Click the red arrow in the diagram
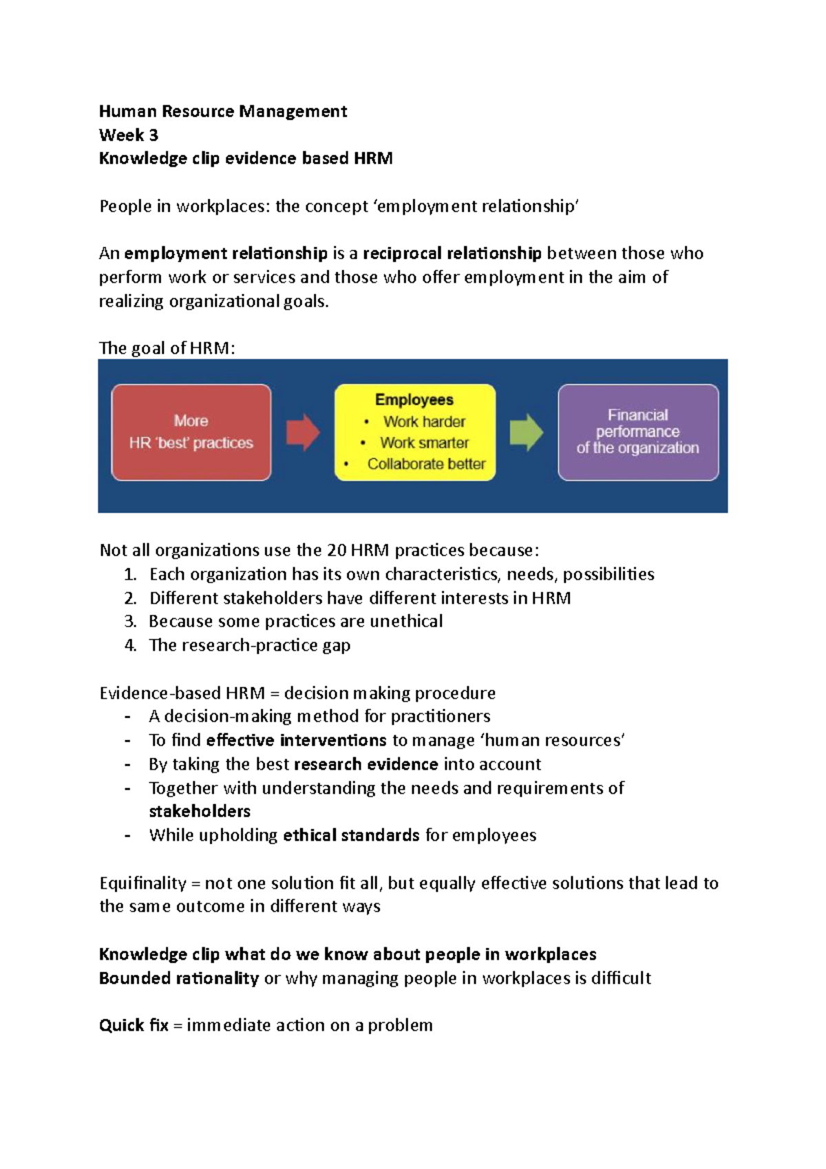pos(302,432)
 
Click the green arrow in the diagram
pos(526,432)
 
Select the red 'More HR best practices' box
pos(191,432)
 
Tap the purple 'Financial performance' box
pos(637,432)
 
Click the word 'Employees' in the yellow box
pos(414,400)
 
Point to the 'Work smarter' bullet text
pos(424,443)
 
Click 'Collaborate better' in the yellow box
pos(426,464)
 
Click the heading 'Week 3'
pos(128,135)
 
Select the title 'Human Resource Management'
pos(222,112)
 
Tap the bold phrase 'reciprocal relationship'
pos(452,253)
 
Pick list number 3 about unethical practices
pos(130,622)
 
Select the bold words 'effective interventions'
pos(296,740)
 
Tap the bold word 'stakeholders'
pos(200,811)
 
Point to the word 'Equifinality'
pos(142,883)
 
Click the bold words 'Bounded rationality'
pos(179,978)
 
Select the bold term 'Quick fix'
pos(134,1025)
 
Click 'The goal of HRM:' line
pos(167,348)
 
